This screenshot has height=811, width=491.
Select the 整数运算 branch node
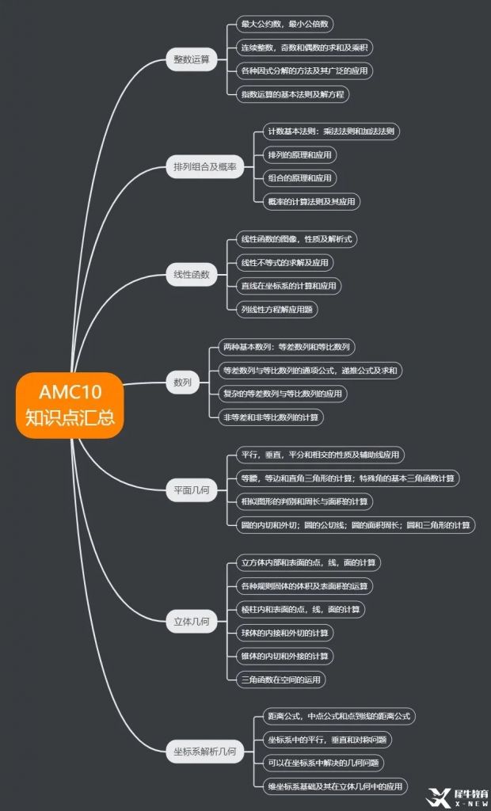pos(192,59)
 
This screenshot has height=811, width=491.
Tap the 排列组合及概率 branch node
pos(205,166)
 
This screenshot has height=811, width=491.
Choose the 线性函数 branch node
pos(192,275)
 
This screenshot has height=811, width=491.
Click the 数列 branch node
pos(182,382)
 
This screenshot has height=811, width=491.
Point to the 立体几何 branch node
pos(192,622)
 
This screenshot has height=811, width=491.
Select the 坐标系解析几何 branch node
pos(205,752)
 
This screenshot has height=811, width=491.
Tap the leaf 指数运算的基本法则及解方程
pos(294,94)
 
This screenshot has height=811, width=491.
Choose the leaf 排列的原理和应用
pos(299,154)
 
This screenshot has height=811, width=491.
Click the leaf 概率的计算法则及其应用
pos(311,201)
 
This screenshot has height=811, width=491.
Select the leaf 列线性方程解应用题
pos(277,310)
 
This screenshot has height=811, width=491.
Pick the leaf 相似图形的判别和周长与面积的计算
pos(305,501)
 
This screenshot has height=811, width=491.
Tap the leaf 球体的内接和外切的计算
pos(285,633)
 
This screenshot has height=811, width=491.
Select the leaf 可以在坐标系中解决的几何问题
pos(322,763)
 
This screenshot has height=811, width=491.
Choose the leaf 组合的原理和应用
pos(299,178)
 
